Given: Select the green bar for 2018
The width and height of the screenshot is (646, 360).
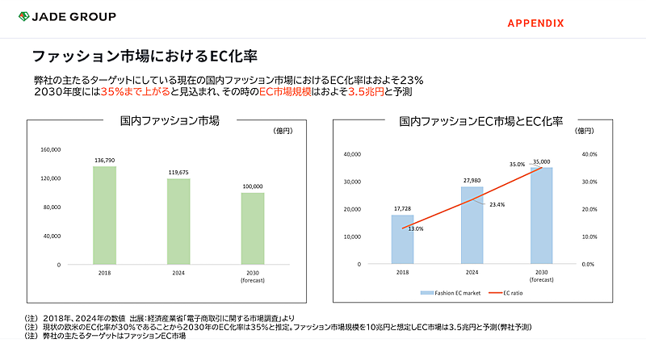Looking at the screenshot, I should coord(105,215).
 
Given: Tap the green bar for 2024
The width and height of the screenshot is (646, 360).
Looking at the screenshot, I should coord(178,221).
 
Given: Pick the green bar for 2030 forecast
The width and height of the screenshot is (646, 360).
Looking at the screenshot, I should coord(252,228).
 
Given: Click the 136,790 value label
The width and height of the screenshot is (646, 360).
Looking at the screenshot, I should coord(105,160).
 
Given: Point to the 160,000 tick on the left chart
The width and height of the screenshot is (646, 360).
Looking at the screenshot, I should coord(49,149).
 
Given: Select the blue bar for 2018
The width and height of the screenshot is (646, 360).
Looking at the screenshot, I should coord(402,239).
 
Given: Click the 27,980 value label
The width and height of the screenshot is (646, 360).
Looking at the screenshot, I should coord(472,181).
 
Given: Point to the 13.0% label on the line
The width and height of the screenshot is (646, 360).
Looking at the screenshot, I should coord(414,228).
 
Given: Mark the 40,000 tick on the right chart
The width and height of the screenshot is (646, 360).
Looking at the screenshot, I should coord(351,154).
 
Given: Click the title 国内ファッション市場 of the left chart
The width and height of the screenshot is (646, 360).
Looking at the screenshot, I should coord(170,122).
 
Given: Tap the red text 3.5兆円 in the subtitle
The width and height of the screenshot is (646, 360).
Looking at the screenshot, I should coord(364,92).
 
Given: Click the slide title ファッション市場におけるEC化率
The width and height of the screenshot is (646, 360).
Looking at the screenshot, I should coord(145,56).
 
